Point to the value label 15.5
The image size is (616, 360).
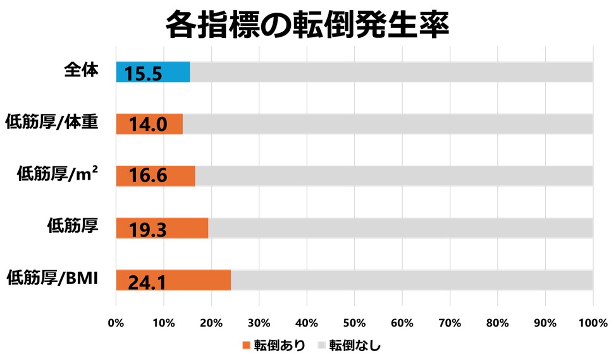click(144, 74)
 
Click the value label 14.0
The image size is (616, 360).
click(147, 125)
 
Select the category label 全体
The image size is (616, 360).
click(82, 70)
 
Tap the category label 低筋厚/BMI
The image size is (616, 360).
click(52, 277)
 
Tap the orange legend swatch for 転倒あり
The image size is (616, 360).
click(247, 345)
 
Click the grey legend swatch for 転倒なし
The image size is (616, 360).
click(321, 345)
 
